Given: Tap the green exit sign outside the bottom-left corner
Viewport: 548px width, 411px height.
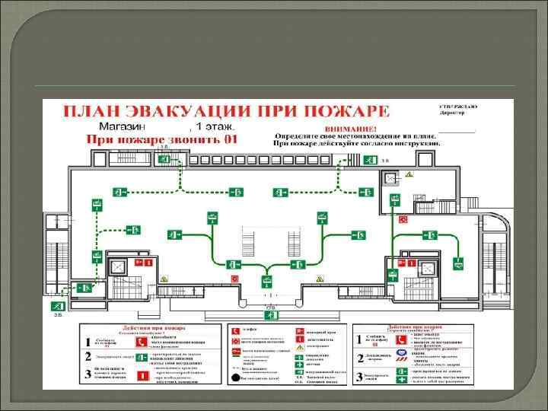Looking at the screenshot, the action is pyautogui.click(x=58, y=306).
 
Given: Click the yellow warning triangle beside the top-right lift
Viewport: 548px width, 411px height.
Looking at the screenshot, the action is pyautogui.click(x=408, y=174).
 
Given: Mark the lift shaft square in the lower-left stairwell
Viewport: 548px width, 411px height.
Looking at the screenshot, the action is pyautogui.click(x=120, y=267).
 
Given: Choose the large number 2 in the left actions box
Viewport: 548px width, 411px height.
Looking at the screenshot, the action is pyautogui.click(x=90, y=355).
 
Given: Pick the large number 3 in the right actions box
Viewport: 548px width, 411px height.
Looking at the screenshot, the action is pyautogui.click(x=360, y=377).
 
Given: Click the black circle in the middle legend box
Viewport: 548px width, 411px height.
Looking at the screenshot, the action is pyautogui.click(x=234, y=378).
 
